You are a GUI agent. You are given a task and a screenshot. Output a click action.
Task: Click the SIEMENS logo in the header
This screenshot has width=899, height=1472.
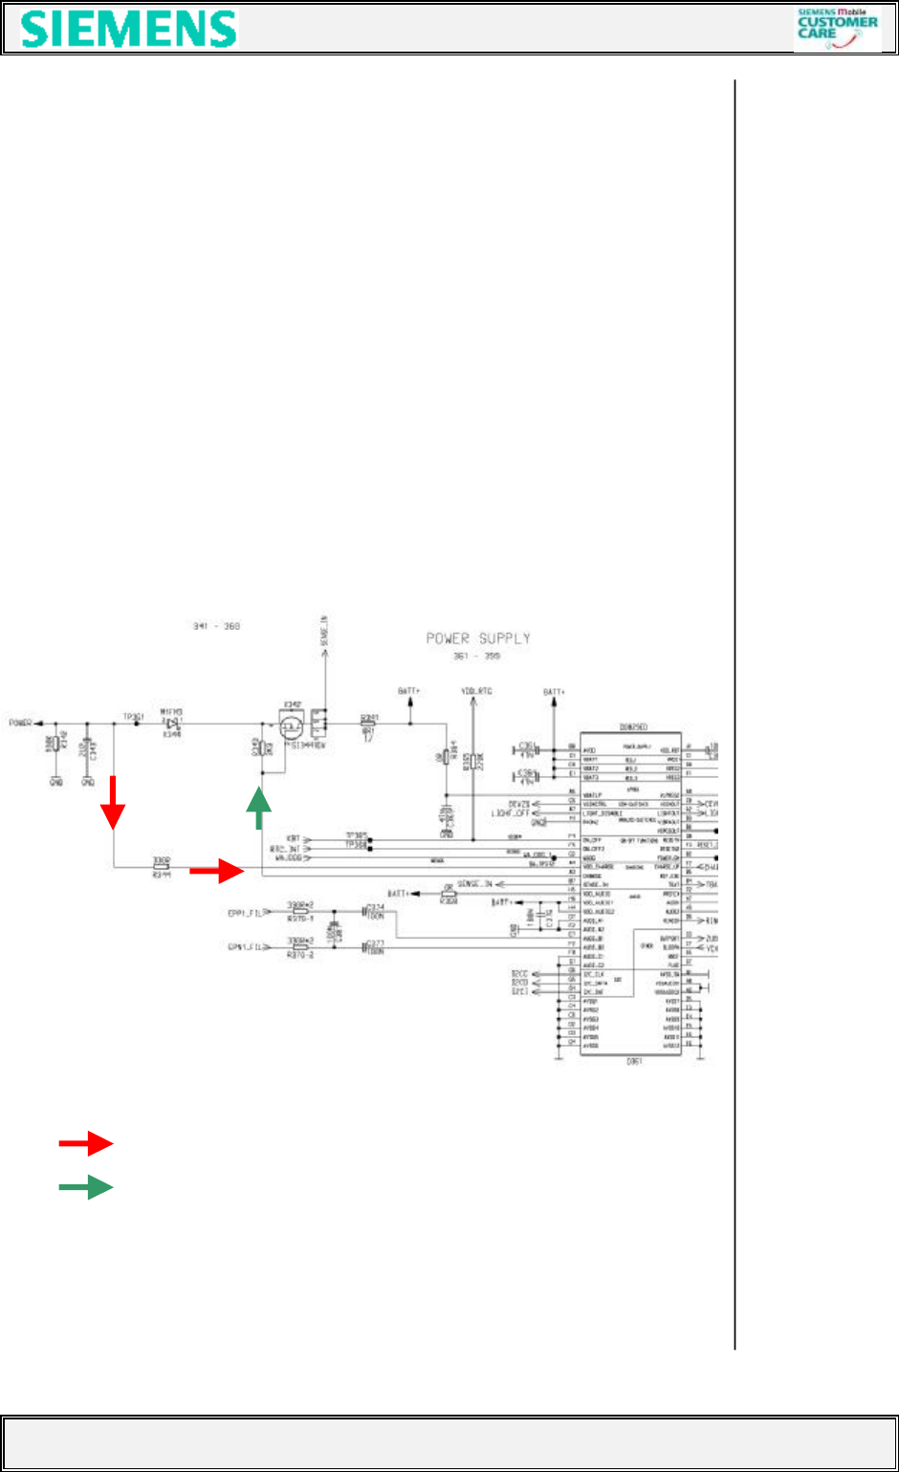coord(129,30)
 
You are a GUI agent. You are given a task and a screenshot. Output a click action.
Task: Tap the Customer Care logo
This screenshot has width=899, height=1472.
coord(837,29)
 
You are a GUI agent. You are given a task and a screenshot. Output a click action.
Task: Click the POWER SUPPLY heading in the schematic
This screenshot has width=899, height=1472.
coord(478,639)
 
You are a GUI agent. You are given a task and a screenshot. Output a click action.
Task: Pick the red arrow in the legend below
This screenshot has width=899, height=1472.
coord(86,1143)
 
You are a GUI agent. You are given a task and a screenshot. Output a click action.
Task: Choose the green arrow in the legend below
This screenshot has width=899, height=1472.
coord(86,1188)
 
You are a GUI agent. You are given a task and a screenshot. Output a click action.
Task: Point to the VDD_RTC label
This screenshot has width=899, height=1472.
coord(475,690)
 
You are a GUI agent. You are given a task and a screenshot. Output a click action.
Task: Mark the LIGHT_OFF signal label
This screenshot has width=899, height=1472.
coord(511,812)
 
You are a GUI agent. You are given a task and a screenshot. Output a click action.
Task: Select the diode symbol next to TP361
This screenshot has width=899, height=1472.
coord(173,724)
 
